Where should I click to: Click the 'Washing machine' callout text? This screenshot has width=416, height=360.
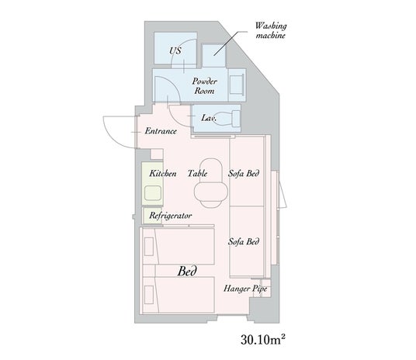271,30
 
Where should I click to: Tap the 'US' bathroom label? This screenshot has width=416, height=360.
175,50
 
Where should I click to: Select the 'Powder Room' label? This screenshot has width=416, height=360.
204,86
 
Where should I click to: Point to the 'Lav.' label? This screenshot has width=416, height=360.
209,117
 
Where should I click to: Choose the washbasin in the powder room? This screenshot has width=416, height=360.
237,85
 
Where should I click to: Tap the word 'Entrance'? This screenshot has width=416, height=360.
161,131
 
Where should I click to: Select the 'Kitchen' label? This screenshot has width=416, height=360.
163,174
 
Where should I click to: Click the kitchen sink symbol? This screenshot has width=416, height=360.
153,193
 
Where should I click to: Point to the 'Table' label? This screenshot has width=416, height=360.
197,174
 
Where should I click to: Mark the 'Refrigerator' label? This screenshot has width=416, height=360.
170,216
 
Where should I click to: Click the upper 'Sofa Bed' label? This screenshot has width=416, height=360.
244,174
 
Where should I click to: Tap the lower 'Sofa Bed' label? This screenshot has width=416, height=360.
244,241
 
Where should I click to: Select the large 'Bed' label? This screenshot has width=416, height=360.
187,271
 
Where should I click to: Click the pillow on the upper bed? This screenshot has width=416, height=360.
149,247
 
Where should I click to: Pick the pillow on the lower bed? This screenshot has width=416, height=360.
149,295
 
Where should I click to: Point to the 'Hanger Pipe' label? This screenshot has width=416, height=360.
245,289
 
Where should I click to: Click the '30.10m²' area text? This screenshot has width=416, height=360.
263,340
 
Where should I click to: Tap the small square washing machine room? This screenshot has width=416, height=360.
213,55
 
